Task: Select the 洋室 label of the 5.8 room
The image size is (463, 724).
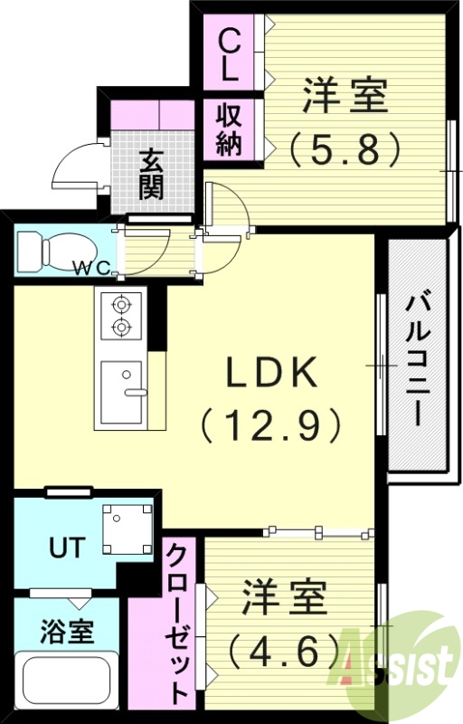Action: point(345,97)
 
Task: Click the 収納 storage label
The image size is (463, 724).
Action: point(228,129)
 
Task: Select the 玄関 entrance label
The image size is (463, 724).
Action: point(152,173)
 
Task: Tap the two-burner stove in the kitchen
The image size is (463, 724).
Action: point(120,316)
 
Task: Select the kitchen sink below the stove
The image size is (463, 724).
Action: point(122,392)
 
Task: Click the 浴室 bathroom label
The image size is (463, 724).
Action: point(69,631)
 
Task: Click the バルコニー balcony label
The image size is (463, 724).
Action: point(417,358)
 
